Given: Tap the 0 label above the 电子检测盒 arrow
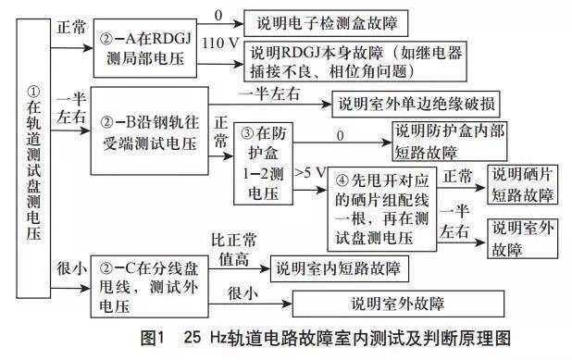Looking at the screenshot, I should tap(218, 15).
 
